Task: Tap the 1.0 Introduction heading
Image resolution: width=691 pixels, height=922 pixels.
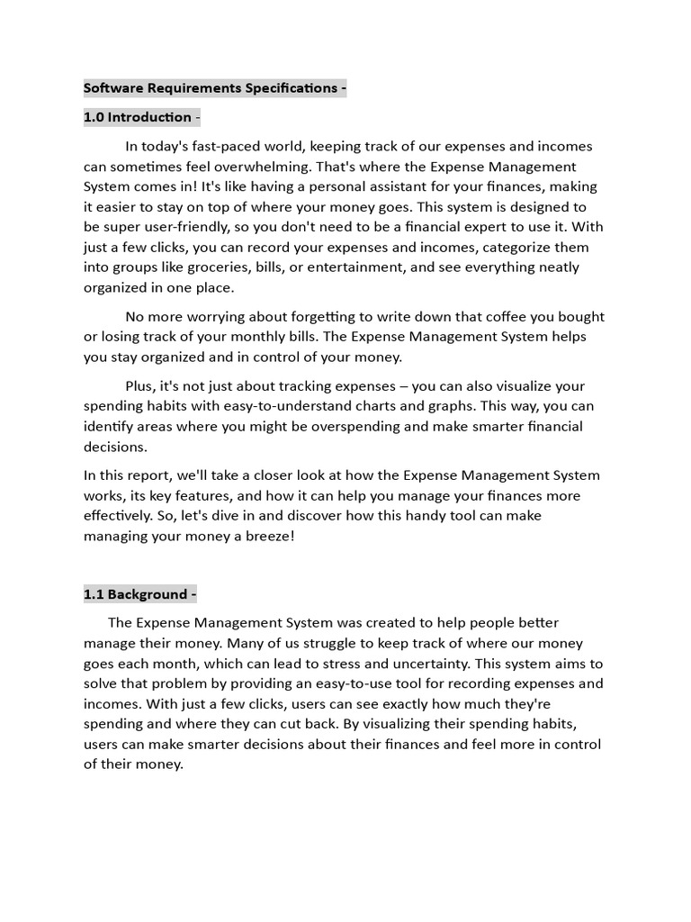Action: [x=138, y=117]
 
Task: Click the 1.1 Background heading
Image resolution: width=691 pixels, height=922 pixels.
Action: [x=137, y=594]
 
